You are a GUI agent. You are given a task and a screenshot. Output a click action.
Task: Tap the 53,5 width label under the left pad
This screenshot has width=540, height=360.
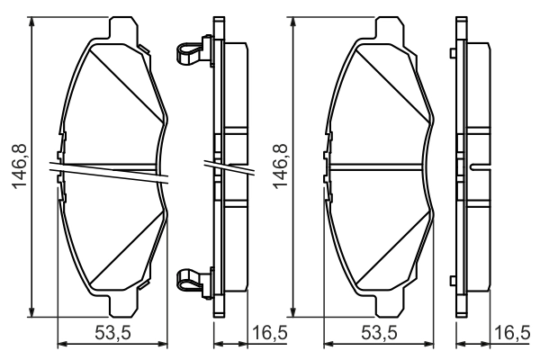coord(113,334)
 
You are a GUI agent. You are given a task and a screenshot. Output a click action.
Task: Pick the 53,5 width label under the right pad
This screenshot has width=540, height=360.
coord(379,334)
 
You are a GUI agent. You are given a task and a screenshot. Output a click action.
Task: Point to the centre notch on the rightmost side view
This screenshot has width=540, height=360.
coord(475,167)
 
